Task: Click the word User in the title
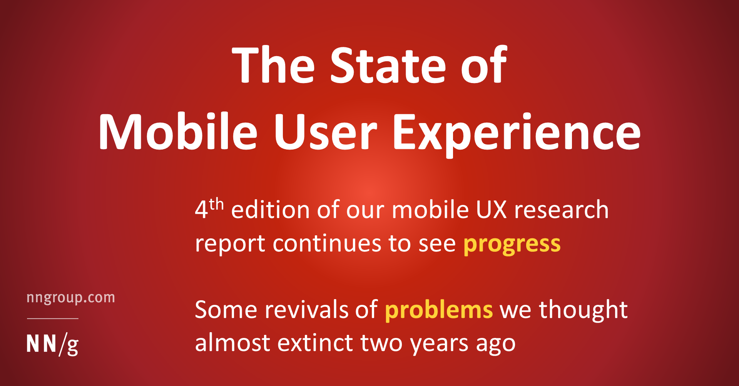click(x=325, y=132)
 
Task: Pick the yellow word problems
click(x=439, y=309)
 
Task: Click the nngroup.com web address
click(x=71, y=298)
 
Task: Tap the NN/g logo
click(x=53, y=344)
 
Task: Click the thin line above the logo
click(x=53, y=318)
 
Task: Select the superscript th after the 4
click(x=216, y=204)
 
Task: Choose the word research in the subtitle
click(x=562, y=210)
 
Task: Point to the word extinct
click(x=315, y=343)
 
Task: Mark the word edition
click(x=270, y=210)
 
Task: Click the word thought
click(x=583, y=309)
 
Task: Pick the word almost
click(x=232, y=343)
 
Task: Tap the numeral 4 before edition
click(x=201, y=210)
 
